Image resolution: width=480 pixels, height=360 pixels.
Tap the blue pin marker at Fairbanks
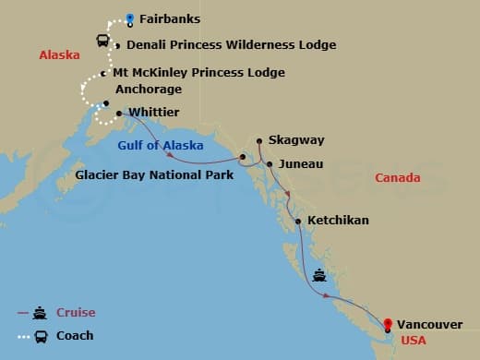tap(129, 18)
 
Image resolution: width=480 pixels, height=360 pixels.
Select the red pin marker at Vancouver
tap(388, 324)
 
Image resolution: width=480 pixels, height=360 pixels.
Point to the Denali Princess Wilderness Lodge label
tap(231, 44)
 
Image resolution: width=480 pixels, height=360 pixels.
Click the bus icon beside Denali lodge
tap(103, 42)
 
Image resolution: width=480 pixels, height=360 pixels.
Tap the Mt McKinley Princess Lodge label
tap(198, 73)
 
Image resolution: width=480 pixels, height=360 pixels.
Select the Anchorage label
tap(147, 90)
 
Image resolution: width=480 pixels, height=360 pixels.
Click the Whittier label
tap(155, 112)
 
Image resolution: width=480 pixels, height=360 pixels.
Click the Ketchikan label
tap(338, 221)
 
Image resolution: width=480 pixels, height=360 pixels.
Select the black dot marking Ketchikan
tap(298, 221)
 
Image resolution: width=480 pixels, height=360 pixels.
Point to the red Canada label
tap(399, 177)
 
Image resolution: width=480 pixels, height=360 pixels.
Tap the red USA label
tap(413, 341)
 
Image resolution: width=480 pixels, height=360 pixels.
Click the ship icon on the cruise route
tap(319, 274)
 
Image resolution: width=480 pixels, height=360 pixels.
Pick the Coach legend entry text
tap(75, 335)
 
